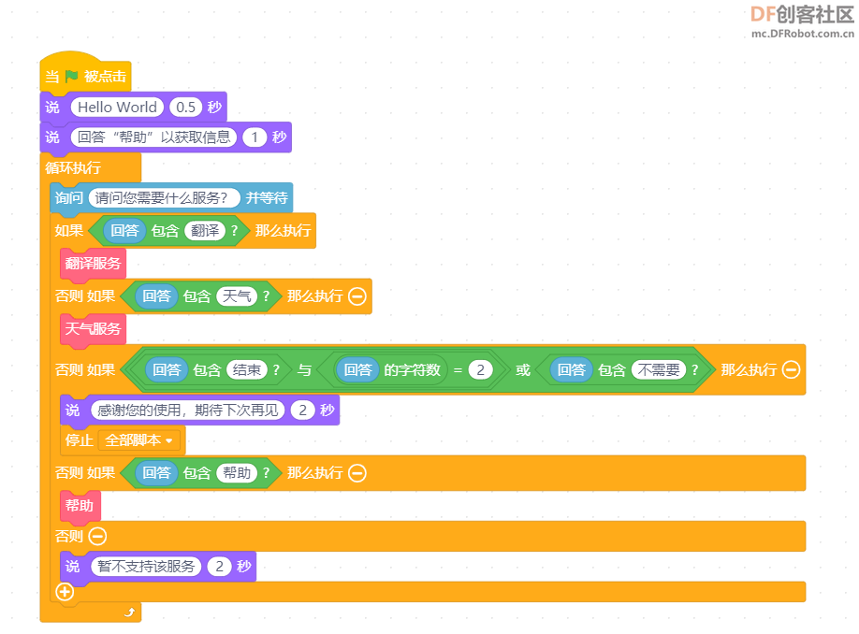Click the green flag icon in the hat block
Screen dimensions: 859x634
coord(72,76)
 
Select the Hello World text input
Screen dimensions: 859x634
coord(117,107)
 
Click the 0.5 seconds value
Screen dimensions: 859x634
coord(185,107)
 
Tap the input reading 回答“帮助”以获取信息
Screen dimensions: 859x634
coord(153,137)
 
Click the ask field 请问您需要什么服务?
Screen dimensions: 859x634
coord(164,197)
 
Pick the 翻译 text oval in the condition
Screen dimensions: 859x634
coord(205,230)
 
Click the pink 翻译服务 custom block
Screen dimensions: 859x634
coord(94,264)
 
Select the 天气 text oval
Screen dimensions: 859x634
coord(237,296)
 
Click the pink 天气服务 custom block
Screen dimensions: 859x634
coord(94,329)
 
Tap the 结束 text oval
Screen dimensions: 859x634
coord(246,370)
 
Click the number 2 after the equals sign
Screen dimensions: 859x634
coord(480,370)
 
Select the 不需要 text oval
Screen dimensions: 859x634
coord(659,370)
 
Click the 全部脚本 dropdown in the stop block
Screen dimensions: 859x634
coord(139,440)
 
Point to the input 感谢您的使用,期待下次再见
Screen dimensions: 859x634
coord(188,411)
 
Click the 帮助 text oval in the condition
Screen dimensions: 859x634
coord(237,473)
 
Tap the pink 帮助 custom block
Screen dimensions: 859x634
coord(80,505)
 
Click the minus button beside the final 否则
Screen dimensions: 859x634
coord(97,536)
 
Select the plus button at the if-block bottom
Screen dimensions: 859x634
coord(65,591)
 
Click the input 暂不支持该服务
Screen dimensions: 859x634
coord(146,566)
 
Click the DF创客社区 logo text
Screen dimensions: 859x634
coord(802,15)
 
